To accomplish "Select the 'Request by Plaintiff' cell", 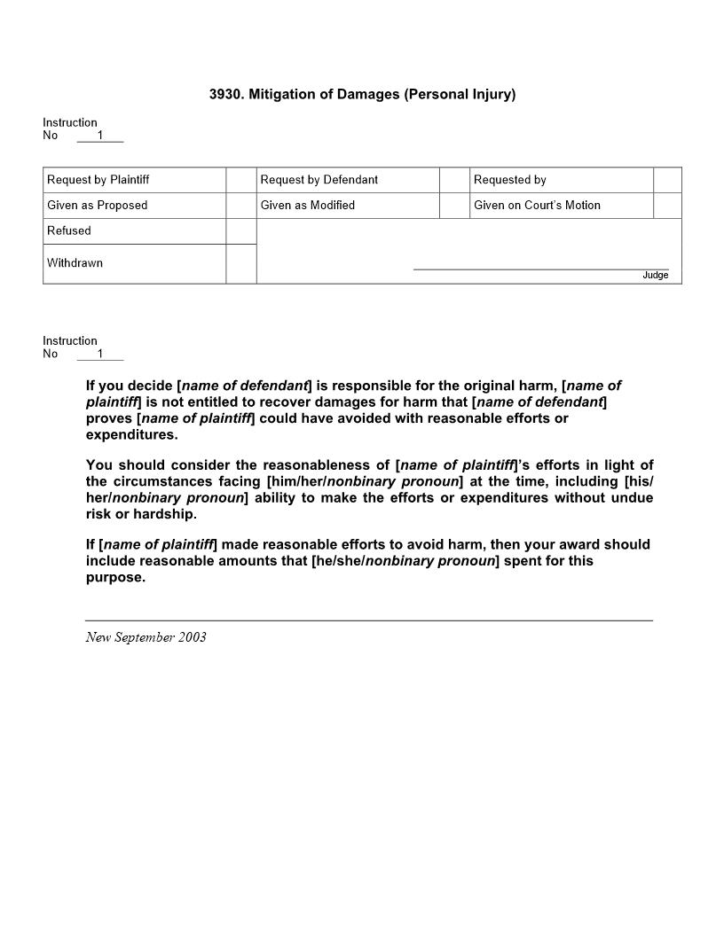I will pyautogui.click(x=98, y=180).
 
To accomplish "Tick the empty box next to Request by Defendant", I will pyautogui.click(x=454, y=180).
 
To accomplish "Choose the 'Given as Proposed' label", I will pyautogui.click(x=98, y=206).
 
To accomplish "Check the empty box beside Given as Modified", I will pyautogui.click(x=454, y=206).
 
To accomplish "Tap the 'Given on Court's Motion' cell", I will pyautogui.click(x=537, y=206).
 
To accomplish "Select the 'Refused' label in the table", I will pyautogui.click(x=69, y=230).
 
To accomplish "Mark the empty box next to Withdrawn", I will pyautogui.click(x=241, y=263).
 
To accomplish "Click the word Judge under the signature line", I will pyautogui.click(x=656, y=276).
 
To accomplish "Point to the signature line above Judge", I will pyautogui.click(x=541, y=269).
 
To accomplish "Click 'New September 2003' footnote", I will pyautogui.click(x=146, y=637).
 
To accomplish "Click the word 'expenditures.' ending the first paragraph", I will pyautogui.click(x=131, y=435).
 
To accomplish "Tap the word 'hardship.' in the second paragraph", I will pyautogui.click(x=165, y=514).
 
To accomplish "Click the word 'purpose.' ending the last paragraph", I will pyautogui.click(x=115, y=578).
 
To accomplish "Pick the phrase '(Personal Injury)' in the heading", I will pyautogui.click(x=460, y=94).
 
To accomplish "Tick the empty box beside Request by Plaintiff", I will pyautogui.click(x=241, y=180).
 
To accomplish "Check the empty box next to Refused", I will pyautogui.click(x=241, y=230).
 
